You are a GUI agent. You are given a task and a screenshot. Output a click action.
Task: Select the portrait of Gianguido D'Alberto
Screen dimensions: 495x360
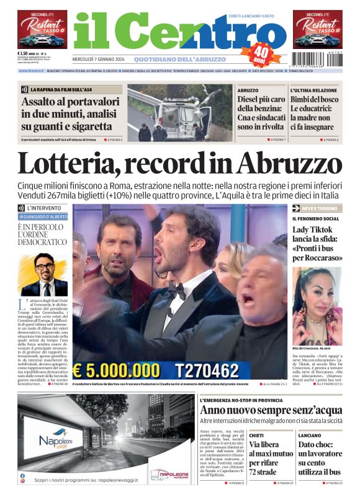click(45, 274)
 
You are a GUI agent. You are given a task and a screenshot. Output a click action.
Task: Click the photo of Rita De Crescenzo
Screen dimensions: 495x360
click(317, 298)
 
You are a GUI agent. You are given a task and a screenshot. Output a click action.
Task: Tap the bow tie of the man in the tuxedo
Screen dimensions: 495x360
click(179, 288)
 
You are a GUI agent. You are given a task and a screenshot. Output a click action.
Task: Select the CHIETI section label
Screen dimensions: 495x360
click(256, 435)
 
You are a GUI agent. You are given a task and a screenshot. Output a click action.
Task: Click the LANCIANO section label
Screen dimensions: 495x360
click(310, 435)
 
